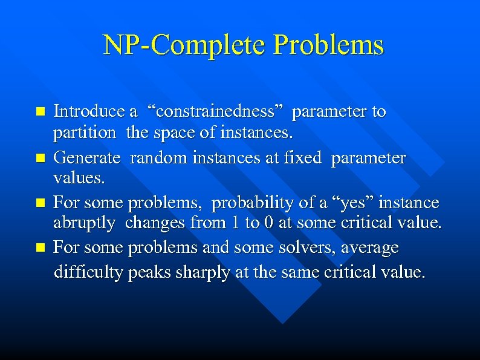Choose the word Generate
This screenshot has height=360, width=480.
86,159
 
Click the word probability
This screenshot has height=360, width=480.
256,202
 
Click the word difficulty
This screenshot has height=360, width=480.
89,272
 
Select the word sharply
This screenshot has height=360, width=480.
200,272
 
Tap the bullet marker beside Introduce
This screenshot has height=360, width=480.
41,112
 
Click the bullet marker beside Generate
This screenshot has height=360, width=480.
41,159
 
